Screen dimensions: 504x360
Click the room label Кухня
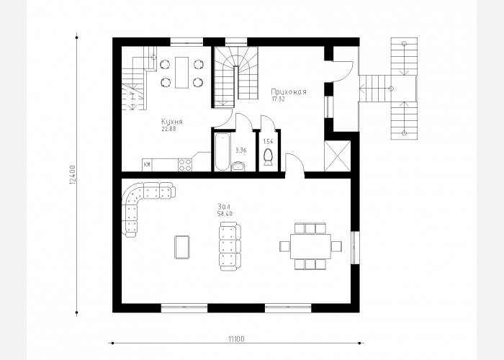(172, 122)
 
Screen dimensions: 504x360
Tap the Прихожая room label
(289, 92)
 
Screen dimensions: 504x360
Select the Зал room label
(224, 207)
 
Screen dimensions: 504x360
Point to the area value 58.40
(225, 214)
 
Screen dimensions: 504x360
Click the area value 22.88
(168, 129)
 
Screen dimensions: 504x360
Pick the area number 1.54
(268, 141)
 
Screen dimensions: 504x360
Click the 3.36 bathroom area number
(240, 150)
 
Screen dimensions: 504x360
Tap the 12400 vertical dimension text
(72, 175)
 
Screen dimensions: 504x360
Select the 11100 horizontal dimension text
(236, 339)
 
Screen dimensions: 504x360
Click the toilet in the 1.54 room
(268, 157)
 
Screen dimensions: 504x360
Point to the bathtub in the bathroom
(222, 152)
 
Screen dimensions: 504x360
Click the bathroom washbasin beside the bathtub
(238, 166)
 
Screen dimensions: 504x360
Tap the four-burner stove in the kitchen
(185, 165)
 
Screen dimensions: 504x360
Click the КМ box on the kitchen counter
(147, 165)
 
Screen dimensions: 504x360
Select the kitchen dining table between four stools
(182, 72)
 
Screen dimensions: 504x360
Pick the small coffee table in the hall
(182, 247)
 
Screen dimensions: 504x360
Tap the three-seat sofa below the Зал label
(230, 246)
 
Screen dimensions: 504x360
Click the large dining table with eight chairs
(310, 246)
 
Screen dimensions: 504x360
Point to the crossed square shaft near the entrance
(338, 156)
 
